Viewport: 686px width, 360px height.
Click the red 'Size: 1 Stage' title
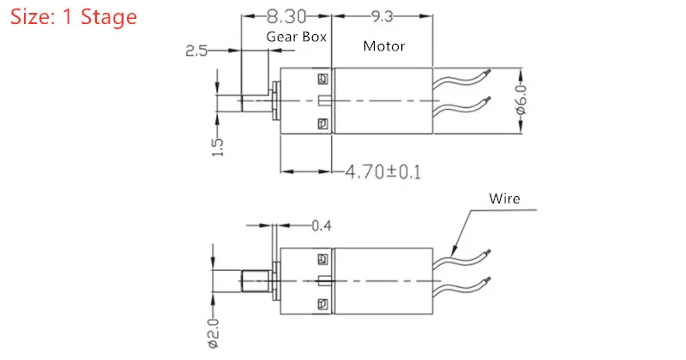pyautogui.click(x=73, y=17)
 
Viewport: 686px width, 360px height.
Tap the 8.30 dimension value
pyautogui.click(x=286, y=16)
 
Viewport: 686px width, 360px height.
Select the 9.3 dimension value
pyautogui.click(x=382, y=16)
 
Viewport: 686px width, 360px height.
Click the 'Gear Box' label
pyautogui.click(x=296, y=37)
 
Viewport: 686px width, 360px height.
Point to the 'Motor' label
pyautogui.click(x=383, y=46)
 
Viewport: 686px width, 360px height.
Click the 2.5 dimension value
pyautogui.click(x=196, y=51)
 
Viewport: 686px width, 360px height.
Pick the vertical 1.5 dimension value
pyautogui.click(x=218, y=147)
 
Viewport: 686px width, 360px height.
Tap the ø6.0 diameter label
pyautogui.click(x=521, y=100)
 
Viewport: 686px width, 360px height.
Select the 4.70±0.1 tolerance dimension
pyautogui.click(x=383, y=171)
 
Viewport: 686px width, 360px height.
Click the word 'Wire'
pyautogui.click(x=504, y=199)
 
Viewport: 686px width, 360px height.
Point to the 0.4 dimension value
pyautogui.click(x=321, y=225)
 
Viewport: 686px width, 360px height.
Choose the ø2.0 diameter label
pyautogui.click(x=214, y=333)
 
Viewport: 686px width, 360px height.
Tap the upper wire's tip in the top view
pyautogui.click(x=489, y=71)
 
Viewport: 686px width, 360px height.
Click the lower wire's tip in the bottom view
pyautogui.click(x=488, y=279)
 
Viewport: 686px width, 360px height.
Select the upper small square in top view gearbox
pyautogui.click(x=322, y=79)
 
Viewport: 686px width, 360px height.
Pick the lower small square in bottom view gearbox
pyautogui.click(x=322, y=304)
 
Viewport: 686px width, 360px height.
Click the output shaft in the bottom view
pyautogui.click(x=256, y=281)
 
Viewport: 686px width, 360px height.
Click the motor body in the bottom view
pyautogui.click(x=382, y=281)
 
